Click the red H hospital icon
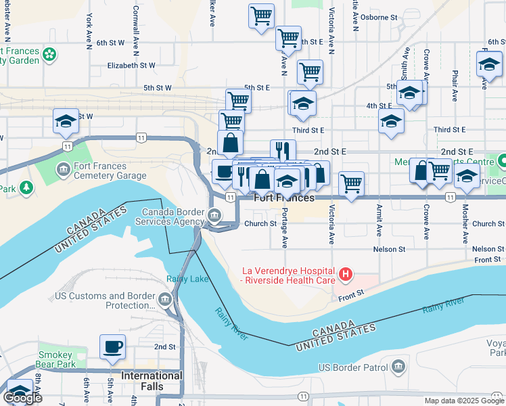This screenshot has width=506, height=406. pos(346,274)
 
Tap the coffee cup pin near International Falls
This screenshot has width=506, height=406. pos(113,347)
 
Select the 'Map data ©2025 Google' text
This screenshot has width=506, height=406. pos(463,401)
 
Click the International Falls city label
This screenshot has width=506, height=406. pos(152,376)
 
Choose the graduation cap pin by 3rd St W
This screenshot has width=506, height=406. pos(66,121)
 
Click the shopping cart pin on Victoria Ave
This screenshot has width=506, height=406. pos(351,183)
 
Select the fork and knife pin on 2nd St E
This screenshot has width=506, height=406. pos(283,151)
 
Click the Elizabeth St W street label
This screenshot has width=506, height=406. pos(131,66)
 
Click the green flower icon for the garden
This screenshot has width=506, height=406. pos(49,53)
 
